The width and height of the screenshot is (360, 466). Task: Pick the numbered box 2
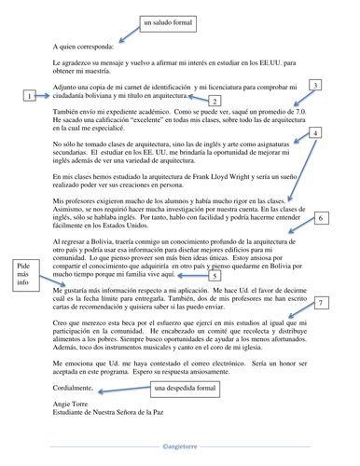pyautogui.click(x=215, y=101)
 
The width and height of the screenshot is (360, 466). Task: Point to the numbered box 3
pyautogui.click(x=316, y=85)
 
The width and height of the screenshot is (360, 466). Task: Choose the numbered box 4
pyautogui.click(x=315, y=133)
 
